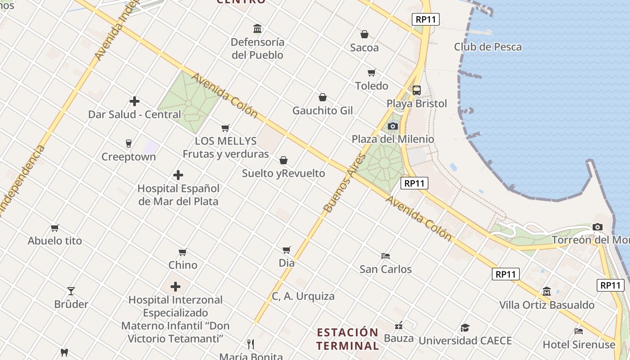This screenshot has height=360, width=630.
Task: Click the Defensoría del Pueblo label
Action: pos(257,49)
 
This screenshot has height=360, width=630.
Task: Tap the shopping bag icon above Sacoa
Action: pos(364,34)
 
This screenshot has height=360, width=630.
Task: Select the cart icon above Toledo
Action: pos(372,72)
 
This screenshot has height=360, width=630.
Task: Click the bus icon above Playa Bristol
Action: pos(417,90)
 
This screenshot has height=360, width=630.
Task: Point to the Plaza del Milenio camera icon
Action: pos(393,126)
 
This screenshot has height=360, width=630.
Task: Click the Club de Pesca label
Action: pos(488,47)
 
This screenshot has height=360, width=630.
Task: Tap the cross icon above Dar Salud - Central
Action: pos(134,101)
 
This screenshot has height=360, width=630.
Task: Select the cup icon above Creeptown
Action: pos(129,144)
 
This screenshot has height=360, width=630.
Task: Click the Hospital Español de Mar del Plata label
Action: pos(178,195)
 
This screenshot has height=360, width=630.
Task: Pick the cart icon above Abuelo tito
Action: pos(55,228)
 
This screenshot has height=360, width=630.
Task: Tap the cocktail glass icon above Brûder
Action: pos(71,291)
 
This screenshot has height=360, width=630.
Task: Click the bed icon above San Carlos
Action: pos(386,256)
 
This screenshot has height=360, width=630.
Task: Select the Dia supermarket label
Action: pos(287,263)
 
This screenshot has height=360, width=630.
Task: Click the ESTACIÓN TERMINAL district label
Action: pos(347,339)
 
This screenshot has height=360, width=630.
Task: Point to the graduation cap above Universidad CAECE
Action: pos(465,328)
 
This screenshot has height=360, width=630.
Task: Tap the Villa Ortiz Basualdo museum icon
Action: pos(547,292)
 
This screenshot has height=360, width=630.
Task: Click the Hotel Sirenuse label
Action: pos(579,345)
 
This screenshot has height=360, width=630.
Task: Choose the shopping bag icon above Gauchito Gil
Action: pos(323,97)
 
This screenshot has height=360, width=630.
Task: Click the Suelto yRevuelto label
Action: pos(283,173)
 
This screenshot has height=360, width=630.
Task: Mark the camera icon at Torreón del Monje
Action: pos(598,227)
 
